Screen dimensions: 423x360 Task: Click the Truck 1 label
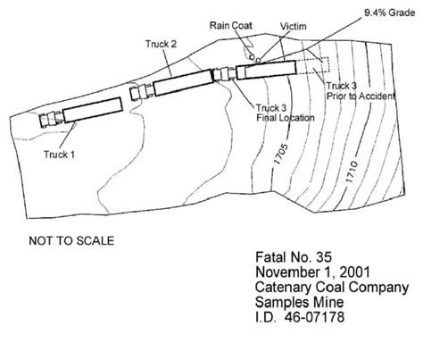(x=59, y=155)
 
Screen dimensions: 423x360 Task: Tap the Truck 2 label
(x=161, y=44)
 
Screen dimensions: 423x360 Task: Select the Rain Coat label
(x=231, y=26)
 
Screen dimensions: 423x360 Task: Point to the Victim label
(x=294, y=27)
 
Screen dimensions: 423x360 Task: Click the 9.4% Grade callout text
(x=390, y=13)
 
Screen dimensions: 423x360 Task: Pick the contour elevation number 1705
(x=281, y=155)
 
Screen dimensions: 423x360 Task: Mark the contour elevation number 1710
(x=352, y=172)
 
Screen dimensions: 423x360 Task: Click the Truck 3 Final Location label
(x=286, y=113)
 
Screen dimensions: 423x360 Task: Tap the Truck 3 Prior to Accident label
(x=361, y=91)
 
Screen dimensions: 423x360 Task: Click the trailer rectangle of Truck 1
(x=93, y=110)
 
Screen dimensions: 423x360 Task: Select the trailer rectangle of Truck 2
(x=184, y=82)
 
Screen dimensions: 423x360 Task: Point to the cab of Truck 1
(x=51, y=120)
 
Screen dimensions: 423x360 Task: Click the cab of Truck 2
(x=142, y=91)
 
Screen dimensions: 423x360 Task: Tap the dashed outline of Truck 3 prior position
(x=329, y=64)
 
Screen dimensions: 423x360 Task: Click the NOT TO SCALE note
(x=71, y=241)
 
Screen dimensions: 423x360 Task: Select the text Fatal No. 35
(x=294, y=257)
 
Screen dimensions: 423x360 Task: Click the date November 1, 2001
(x=312, y=272)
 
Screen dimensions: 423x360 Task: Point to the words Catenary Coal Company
(x=332, y=288)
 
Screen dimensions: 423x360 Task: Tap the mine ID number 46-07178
(x=314, y=317)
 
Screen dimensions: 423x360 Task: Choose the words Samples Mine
(x=299, y=302)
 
